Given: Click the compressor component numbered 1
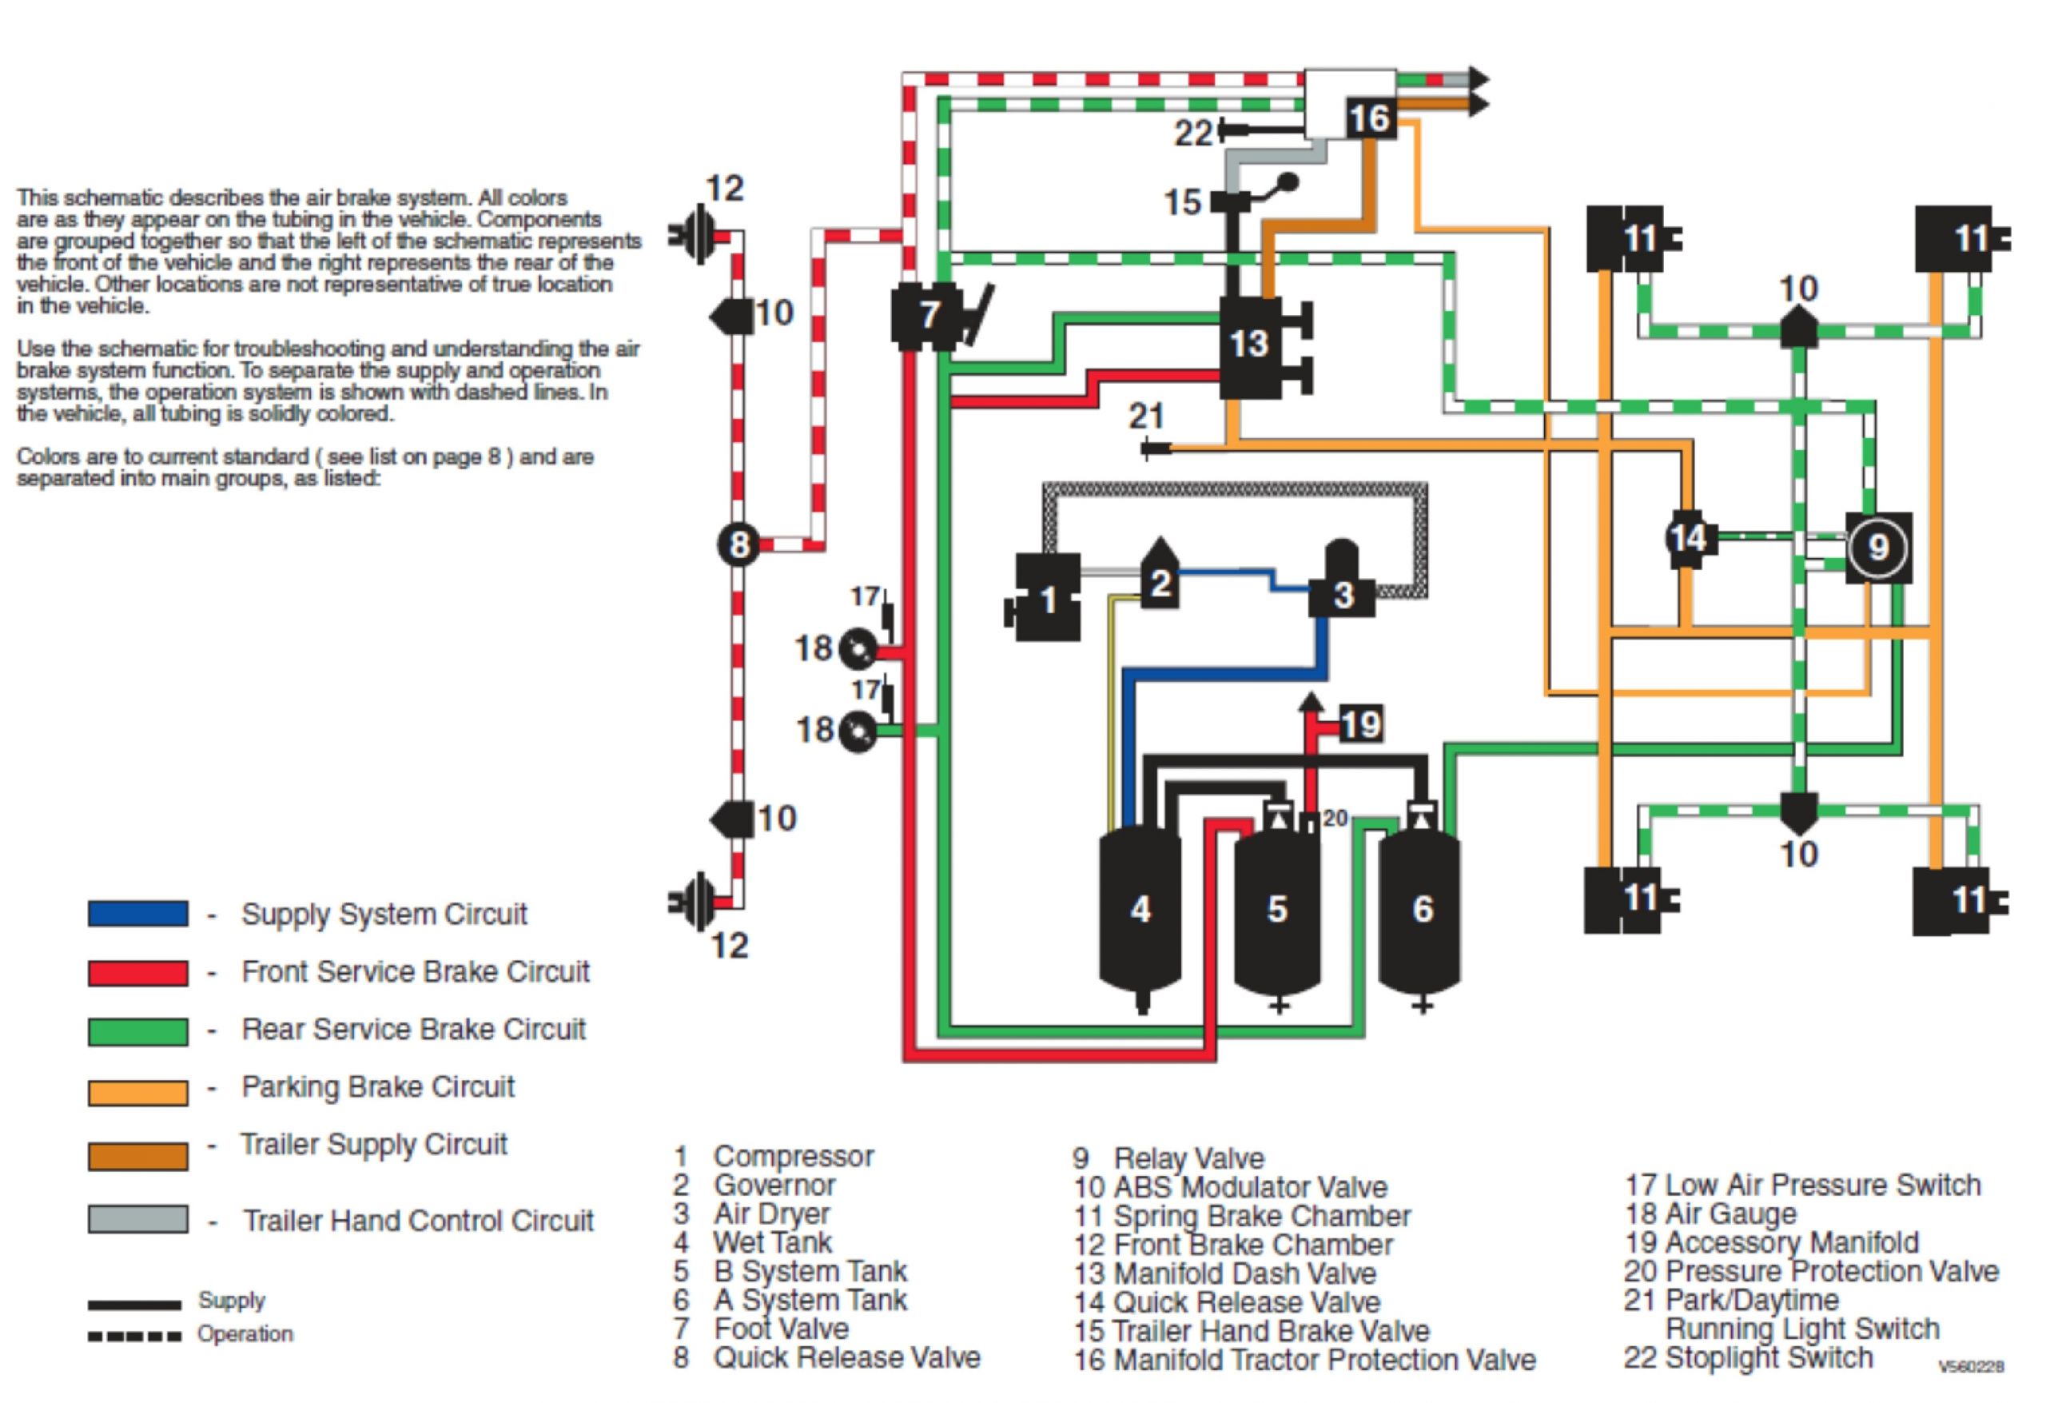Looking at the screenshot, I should (1047, 599).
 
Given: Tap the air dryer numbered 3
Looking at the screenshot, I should (1341, 595).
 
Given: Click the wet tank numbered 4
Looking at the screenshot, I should (1140, 909).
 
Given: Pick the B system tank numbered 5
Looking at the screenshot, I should (1277, 909).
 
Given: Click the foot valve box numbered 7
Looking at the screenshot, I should (927, 315).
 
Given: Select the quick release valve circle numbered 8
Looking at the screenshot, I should (738, 544).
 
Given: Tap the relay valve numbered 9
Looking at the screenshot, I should (1879, 547).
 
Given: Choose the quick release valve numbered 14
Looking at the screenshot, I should (1688, 537).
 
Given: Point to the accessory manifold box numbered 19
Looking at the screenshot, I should (1361, 724).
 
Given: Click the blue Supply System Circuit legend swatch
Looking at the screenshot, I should (137, 913).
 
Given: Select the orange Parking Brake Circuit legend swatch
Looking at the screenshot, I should (137, 1092).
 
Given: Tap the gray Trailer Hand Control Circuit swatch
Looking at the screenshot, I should (137, 1219).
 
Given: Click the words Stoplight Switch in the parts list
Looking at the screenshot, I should (1769, 1357).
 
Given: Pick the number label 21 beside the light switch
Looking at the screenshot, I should (1146, 416).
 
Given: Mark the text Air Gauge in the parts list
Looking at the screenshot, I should (1730, 1214).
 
